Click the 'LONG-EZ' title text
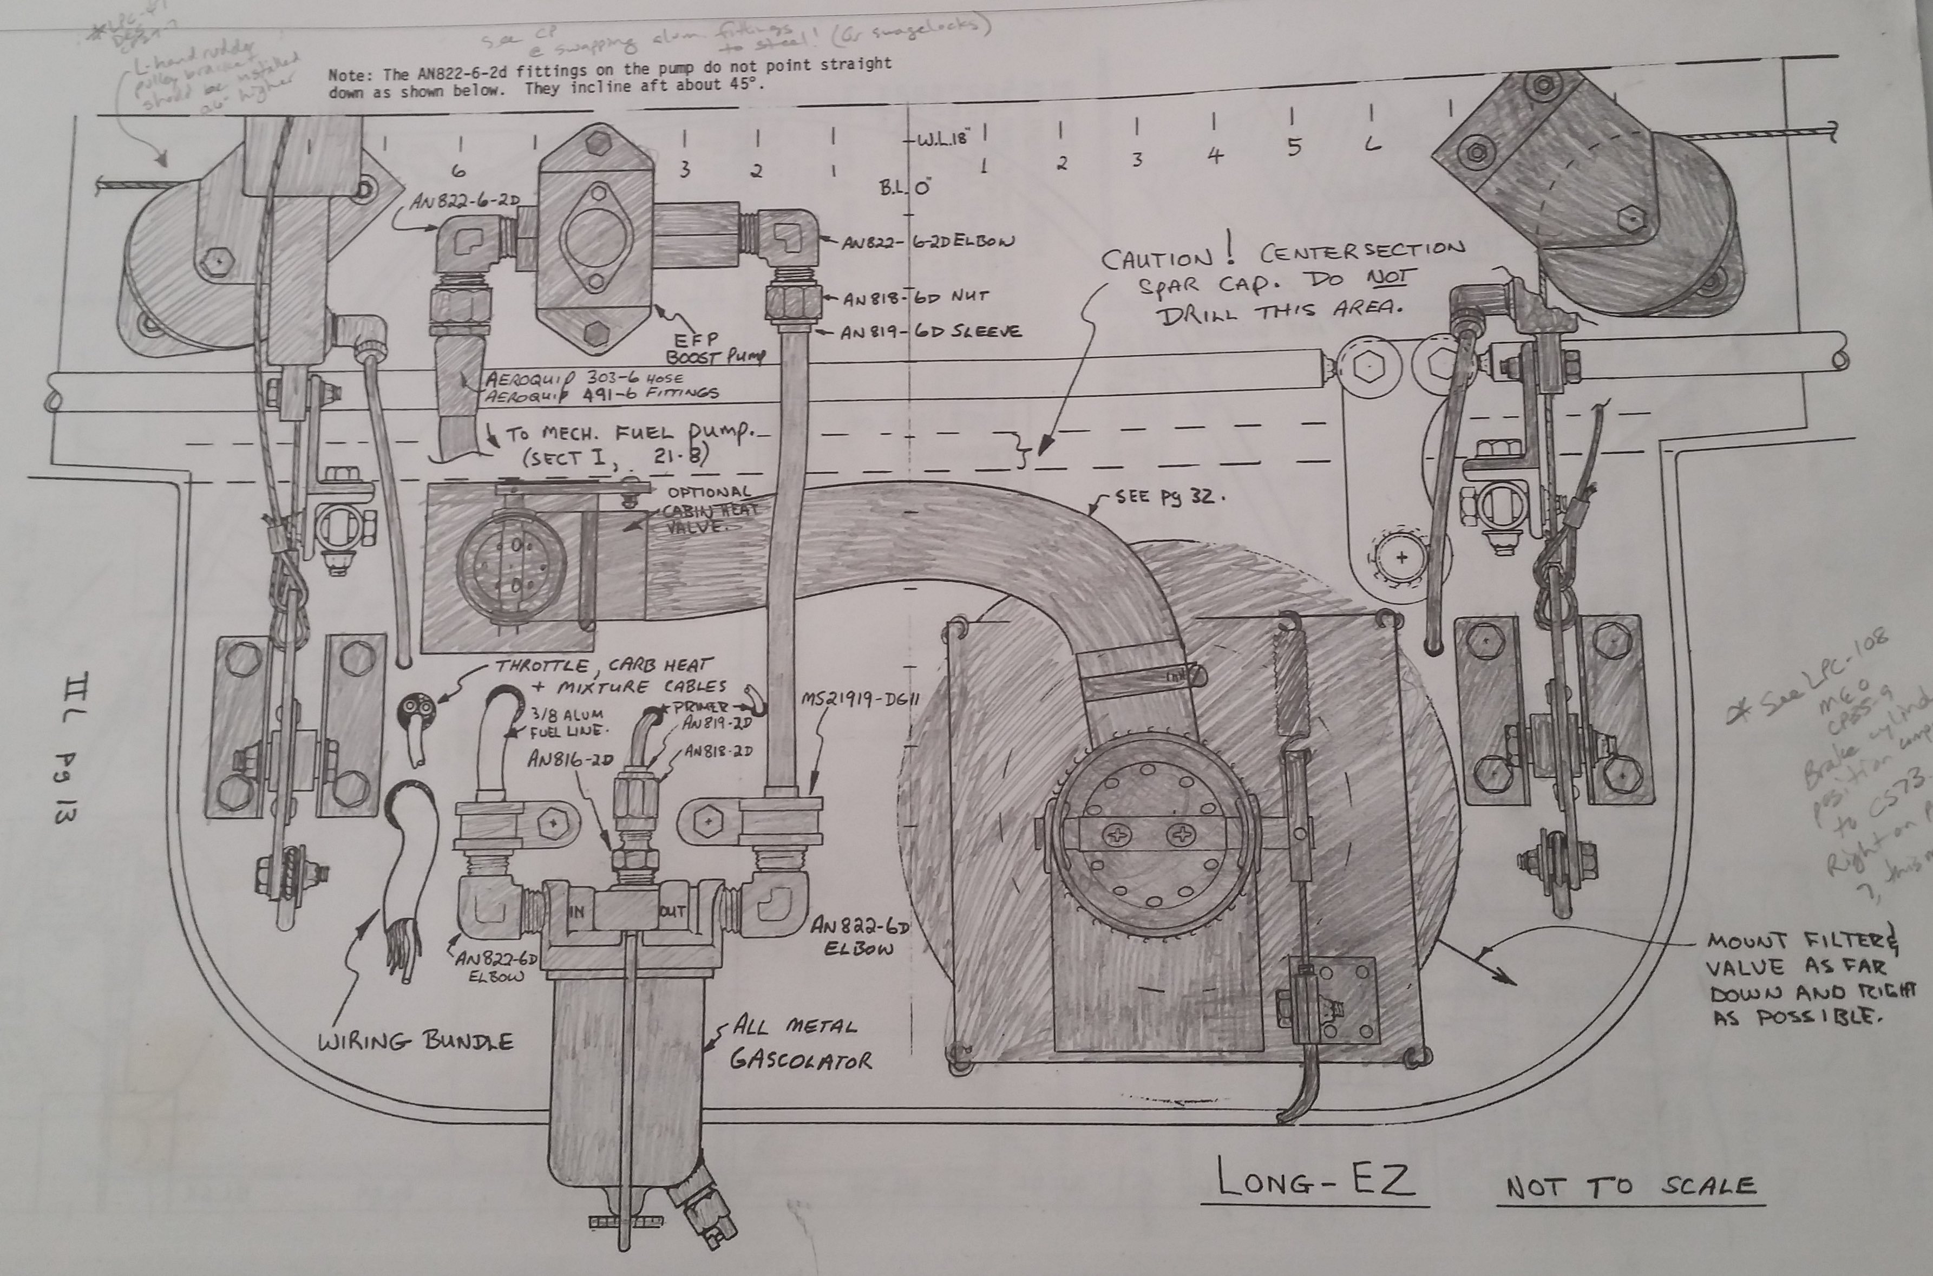point(1313,1182)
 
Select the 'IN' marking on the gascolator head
point(576,913)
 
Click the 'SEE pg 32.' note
point(1165,496)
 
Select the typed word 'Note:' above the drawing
point(348,75)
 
